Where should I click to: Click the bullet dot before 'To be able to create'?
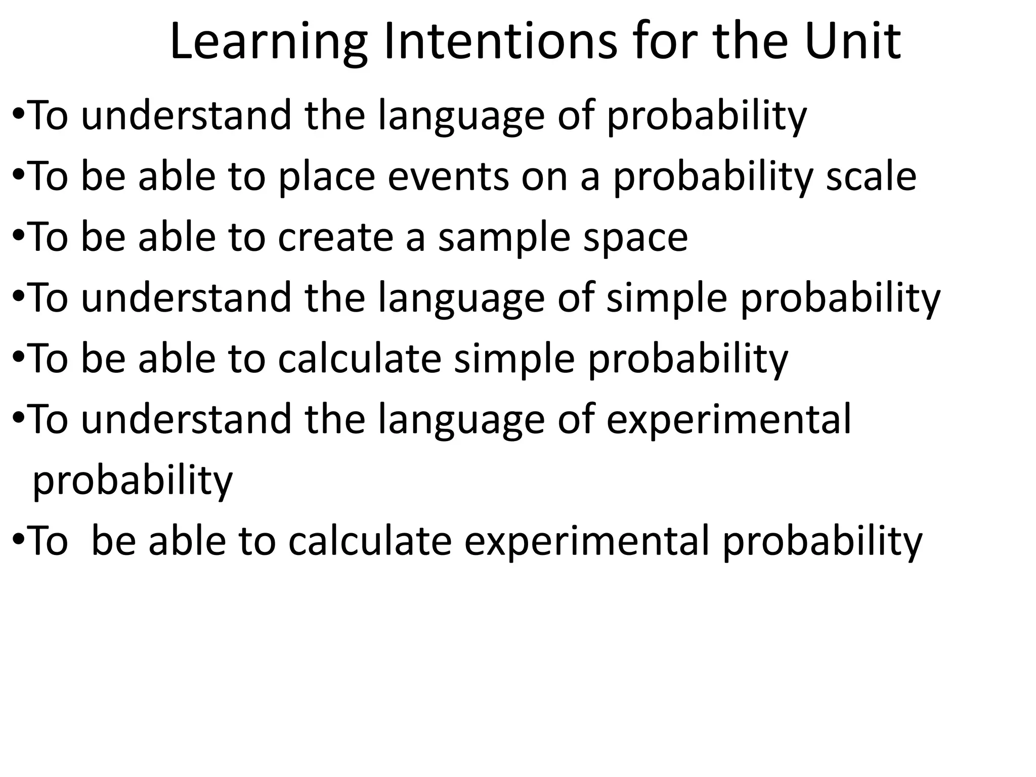coord(17,237)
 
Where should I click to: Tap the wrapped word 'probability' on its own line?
coord(133,481)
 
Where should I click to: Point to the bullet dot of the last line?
coord(17,540)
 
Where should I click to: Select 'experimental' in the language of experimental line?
coord(729,420)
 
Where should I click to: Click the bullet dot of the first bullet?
coord(17,115)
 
